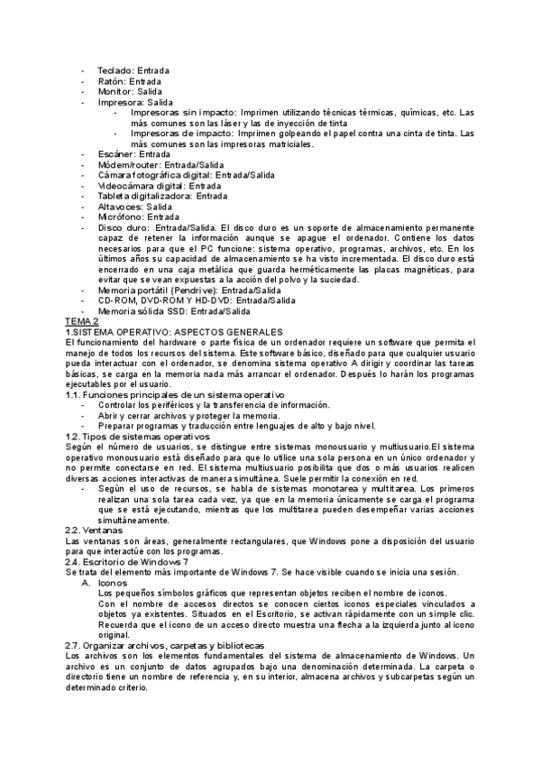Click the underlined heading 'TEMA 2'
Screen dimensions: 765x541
[82, 322]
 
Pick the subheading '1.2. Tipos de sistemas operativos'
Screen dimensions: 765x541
[137, 437]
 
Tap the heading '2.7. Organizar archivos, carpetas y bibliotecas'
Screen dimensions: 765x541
[165, 646]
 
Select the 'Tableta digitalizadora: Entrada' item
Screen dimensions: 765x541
[150, 196]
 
